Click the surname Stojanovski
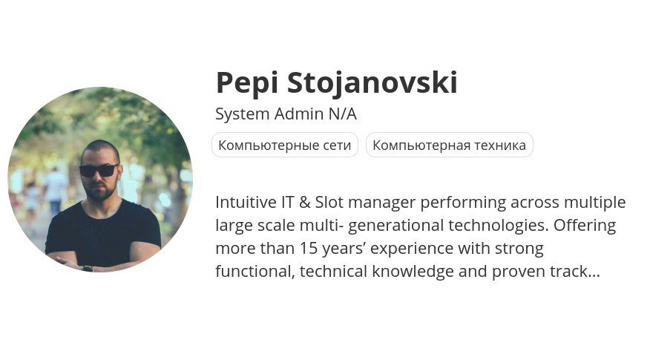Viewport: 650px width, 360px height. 372,82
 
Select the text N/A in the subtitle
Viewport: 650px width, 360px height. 343,114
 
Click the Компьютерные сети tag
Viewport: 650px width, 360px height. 285,145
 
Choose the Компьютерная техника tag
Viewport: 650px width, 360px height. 450,145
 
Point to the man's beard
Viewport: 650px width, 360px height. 100,192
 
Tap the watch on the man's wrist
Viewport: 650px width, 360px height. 88,269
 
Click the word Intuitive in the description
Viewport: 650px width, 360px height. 246,203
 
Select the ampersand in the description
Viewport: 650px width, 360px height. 304,203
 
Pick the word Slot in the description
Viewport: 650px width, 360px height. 329,203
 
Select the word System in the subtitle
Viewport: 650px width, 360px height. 243,114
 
